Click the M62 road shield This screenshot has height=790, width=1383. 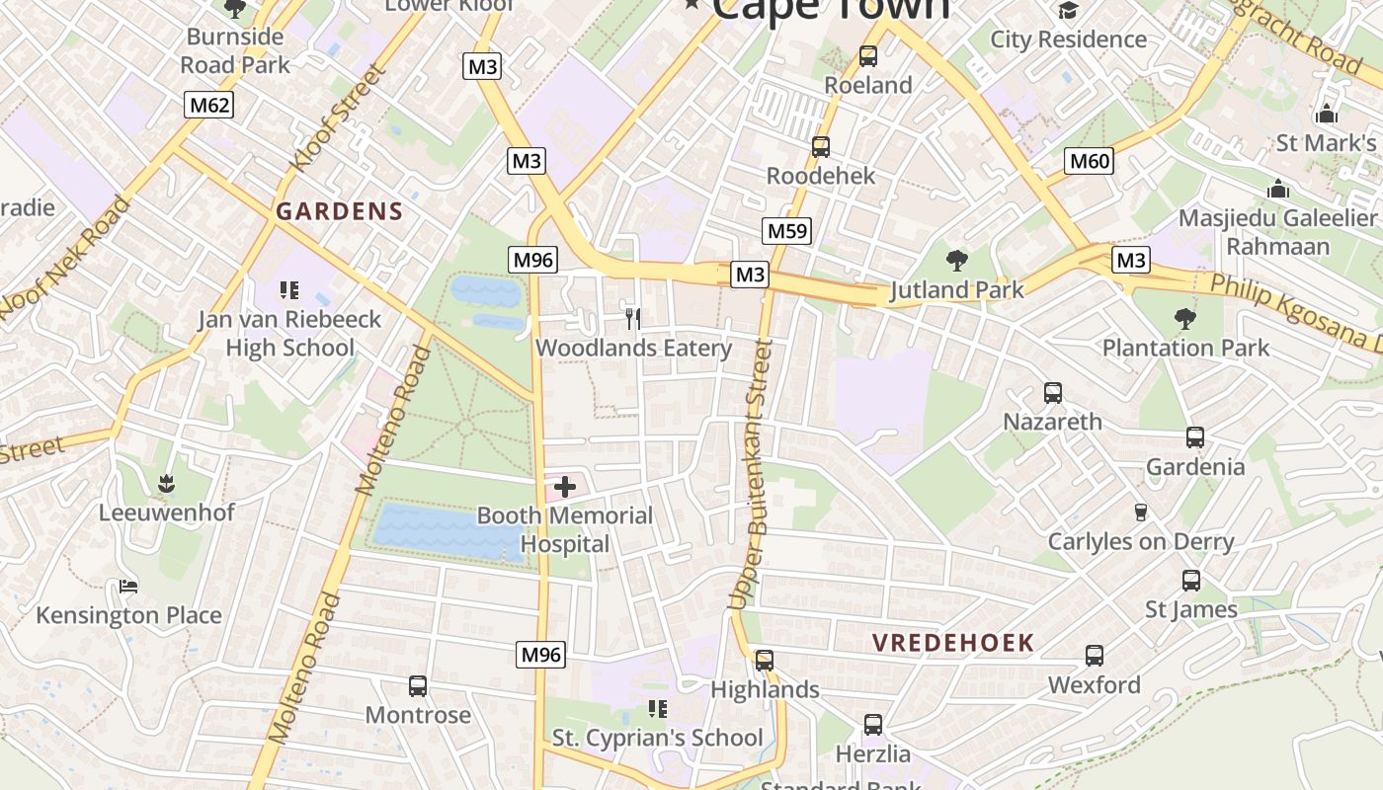pos(208,105)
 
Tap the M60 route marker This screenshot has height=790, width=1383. pos(1090,160)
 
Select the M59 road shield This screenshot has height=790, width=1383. pos(787,231)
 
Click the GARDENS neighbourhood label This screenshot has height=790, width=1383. pos(340,211)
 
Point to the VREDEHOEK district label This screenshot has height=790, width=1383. pos(953,643)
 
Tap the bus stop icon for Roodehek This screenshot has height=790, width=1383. pos(820,147)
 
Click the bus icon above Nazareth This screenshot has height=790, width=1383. pos(1053,393)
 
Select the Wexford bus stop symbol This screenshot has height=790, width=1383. pos(1094,656)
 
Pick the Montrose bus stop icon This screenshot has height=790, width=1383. pos(418,686)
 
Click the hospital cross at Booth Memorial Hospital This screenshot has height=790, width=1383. pos(565,486)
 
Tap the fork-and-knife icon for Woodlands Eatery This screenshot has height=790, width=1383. pos(633,318)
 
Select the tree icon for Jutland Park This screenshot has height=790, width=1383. pos(956,261)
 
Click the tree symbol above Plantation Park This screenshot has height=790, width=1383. pos(1185,319)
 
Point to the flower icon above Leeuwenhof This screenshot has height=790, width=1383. pos(166,483)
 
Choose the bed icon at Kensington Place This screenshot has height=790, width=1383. pos(127,587)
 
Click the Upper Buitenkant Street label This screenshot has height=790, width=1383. pos(750,474)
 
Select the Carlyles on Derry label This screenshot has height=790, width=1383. pos(1141,541)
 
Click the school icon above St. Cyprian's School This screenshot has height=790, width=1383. pos(657,708)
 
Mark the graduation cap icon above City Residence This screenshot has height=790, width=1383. pos(1068,11)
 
